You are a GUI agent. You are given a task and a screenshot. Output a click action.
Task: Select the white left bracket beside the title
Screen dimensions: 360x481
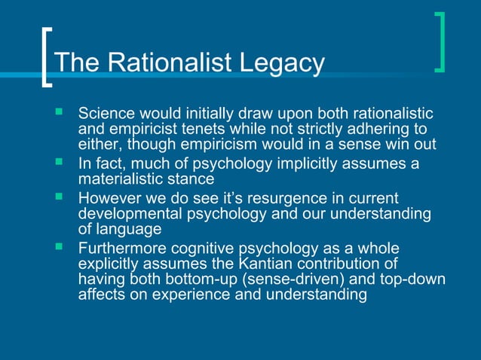point(47,59)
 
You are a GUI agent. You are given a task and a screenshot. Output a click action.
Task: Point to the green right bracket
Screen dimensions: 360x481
point(440,42)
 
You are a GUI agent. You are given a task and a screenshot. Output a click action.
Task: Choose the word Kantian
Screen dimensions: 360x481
point(282,264)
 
